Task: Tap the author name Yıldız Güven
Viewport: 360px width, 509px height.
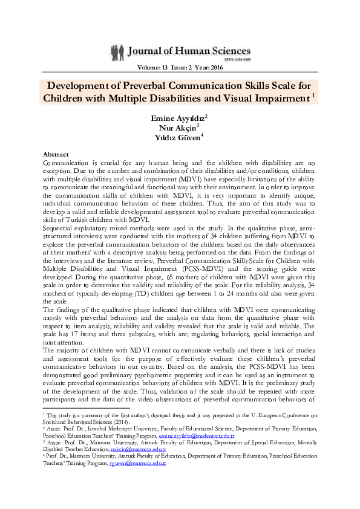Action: point(178,137)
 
